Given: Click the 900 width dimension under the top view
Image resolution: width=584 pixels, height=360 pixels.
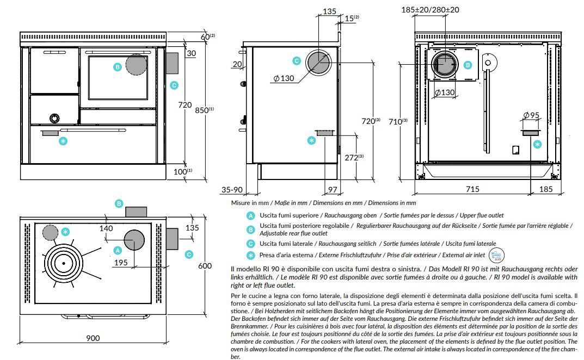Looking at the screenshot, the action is pos(93,338).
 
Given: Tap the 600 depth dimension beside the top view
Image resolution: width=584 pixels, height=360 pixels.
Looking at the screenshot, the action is pos(205,266).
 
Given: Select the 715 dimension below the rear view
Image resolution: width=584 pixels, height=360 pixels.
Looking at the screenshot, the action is pos(472,189).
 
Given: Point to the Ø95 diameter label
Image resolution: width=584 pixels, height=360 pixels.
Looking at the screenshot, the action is pos(531,115).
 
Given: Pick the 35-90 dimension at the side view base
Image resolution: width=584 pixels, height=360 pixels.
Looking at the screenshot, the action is pos(232,189).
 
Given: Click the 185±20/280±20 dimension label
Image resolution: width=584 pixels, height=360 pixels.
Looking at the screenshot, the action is pos(430,10).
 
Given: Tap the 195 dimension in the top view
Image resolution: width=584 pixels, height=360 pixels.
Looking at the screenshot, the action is pos(121,263).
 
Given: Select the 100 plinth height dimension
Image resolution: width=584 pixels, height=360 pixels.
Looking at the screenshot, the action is pos(182,171).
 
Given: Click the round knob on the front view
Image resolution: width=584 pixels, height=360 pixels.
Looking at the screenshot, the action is pos(55,119).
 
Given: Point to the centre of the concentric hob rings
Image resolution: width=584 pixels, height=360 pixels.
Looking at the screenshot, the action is pos(64,263).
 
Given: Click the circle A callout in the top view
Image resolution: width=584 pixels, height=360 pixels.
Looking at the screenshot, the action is pos(118,251).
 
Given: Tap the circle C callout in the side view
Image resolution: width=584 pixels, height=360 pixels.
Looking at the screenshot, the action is pos(297,61).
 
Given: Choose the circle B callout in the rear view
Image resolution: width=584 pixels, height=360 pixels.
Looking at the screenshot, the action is pos(468,65).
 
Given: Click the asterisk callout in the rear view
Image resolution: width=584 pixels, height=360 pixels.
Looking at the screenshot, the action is pos(537,144).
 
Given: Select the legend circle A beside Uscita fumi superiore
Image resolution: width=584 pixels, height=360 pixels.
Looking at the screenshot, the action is pos(251,215).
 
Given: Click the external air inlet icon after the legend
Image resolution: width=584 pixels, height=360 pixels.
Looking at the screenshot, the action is pos(496,256).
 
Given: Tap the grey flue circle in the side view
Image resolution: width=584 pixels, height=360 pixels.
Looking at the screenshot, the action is pos(318,61).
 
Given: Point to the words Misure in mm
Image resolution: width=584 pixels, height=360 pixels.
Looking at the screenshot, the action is pos(249,203).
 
